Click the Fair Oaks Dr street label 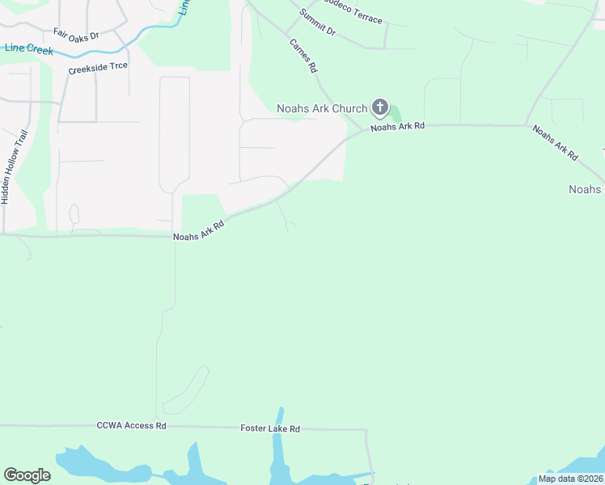pos(76,35)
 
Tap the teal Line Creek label pos(28,49)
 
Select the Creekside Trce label pos(98,69)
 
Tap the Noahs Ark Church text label pos(321,108)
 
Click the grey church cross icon pos(379,108)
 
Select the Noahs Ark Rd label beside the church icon pos(398,127)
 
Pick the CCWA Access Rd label pos(131,425)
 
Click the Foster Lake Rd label pos(270,428)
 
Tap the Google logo pos(27,475)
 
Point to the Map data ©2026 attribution pos(570,479)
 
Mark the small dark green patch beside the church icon pos(396,115)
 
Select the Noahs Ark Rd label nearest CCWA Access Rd pos(198,231)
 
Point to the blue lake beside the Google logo pos(89,466)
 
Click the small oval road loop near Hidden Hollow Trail pos(74,214)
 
